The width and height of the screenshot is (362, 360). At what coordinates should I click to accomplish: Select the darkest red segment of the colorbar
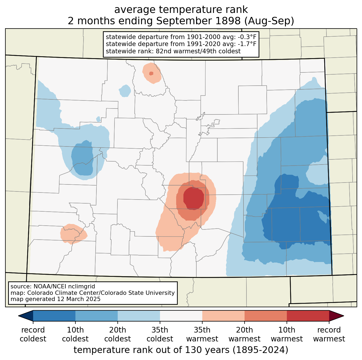[x=308, y=316]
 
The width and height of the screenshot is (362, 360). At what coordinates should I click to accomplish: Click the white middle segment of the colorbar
[x=181, y=316]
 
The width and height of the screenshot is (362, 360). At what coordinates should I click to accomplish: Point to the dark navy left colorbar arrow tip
[x=18, y=316]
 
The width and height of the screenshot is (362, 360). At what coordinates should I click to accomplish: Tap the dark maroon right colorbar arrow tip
[x=344, y=316]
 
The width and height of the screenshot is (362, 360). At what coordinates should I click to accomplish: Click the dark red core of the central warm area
[x=194, y=199]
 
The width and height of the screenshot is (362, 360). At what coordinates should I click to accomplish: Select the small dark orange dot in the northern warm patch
[x=151, y=74]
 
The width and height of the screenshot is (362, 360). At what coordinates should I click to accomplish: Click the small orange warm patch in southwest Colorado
[x=73, y=234]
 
